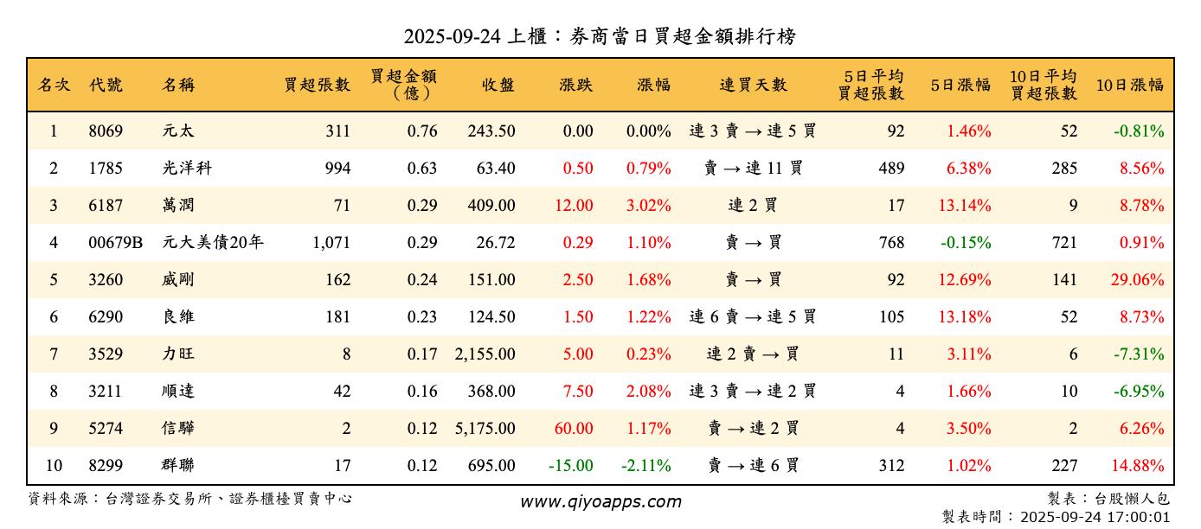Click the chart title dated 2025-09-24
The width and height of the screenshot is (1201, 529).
click(x=600, y=36)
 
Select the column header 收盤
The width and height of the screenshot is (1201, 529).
click(x=498, y=85)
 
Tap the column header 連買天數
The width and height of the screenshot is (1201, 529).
click(x=753, y=85)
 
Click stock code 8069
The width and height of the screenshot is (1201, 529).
click(x=106, y=131)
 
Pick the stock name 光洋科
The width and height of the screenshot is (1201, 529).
click(x=186, y=169)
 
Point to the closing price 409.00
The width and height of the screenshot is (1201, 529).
click(x=491, y=206)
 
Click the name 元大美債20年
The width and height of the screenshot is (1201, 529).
click(x=212, y=243)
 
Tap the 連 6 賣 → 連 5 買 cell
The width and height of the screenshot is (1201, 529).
click(x=753, y=317)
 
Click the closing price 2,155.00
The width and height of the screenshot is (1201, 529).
click(x=485, y=354)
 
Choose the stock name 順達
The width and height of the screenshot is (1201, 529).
click(x=178, y=392)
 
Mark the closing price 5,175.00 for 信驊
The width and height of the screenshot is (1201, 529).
click(x=485, y=429)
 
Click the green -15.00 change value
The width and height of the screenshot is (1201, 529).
click(x=571, y=466)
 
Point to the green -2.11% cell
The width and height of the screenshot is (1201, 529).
click(x=646, y=466)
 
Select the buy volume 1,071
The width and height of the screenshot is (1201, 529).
click(x=331, y=243)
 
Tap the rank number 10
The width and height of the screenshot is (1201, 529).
click(x=54, y=466)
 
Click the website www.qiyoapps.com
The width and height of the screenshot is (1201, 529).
click(x=600, y=502)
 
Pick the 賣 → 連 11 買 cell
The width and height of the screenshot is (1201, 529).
click(x=753, y=169)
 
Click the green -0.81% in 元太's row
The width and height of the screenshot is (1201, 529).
click(x=1139, y=131)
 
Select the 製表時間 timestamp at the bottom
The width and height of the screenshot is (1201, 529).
click(x=1056, y=517)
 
